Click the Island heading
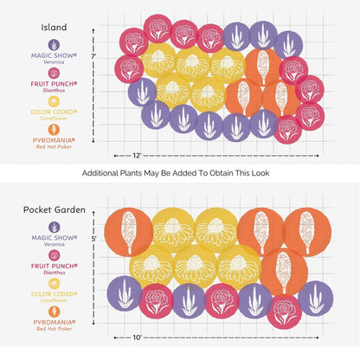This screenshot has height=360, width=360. click(x=54, y=28)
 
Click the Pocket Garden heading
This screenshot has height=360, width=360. click(x=55, y=209)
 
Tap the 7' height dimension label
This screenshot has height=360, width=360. click(x=93, y=56)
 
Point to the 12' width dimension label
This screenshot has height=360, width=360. click(x=137, y=156)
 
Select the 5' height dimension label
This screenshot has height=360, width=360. click(x=93, y=239)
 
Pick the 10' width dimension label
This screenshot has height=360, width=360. click(x=137, y=337)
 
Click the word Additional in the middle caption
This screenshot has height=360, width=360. click(x=100, y=173)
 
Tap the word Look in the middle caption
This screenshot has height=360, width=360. click(x=260, y=173)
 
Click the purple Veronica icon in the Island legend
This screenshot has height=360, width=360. click(x=54, y=45)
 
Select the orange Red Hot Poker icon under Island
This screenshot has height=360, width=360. click(x=54, y=130)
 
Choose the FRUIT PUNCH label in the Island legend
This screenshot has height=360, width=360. click(x=54, y=84)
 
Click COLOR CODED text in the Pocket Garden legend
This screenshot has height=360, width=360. click(x=55, y=294)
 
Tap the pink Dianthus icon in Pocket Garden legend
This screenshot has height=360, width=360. click(x=55, y=255)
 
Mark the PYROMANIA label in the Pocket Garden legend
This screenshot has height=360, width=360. click(x=55, y=322)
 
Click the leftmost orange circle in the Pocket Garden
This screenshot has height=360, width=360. click(x=128, y=232)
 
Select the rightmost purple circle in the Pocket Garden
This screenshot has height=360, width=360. click(x=316, y=299)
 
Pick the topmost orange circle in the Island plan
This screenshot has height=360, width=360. click(x=263, y=67)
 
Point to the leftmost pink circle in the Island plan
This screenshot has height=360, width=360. click(x=129, y=69)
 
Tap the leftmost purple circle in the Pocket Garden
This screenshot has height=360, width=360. click(x=125, y=293)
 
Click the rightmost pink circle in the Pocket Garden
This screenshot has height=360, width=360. click(x=284, y=312)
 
